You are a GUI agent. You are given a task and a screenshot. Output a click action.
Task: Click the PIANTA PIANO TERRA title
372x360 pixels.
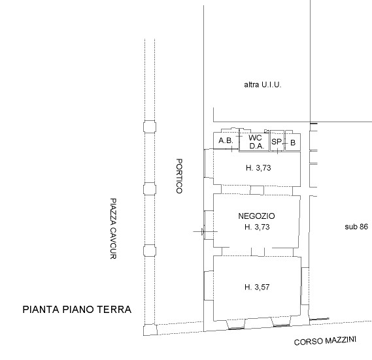(x=77, y=310)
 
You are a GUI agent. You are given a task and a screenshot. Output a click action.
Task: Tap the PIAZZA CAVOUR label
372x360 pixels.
(x=113, y=229)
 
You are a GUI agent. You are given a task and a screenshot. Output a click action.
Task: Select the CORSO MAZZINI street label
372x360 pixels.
(x=325, y=341)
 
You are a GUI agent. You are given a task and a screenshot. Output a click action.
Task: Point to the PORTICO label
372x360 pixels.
(x=179, y=176)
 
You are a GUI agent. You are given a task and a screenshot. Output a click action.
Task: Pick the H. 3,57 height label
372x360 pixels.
(x=257, y=287)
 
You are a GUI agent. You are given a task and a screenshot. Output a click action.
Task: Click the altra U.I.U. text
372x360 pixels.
(x=263, y=85)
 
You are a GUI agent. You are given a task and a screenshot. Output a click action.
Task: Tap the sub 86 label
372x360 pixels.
(x=356, y=227)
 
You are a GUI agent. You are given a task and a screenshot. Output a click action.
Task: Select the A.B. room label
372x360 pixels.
(x=226, y=140)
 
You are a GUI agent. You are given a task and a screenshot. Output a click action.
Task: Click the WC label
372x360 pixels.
(x=255, y=138)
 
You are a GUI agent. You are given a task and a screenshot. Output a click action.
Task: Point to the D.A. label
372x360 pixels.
(x=257, y=146)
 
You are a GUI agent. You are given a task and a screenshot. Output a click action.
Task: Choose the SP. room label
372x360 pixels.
(x=277, y=142)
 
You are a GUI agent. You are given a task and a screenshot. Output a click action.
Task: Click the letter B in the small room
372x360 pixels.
(x=293, y=143)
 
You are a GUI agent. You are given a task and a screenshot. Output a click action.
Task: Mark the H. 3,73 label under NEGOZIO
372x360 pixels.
(x=257, y=227)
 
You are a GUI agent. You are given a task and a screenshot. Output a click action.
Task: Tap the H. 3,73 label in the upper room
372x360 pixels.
(x=258, y=168)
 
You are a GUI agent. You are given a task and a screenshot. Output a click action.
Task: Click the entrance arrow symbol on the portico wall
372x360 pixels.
(x=203, y=232)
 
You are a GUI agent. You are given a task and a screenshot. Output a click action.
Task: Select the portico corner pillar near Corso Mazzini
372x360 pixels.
(x=150, y=330)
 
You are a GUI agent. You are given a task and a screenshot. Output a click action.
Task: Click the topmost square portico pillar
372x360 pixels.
(x=150, y=127)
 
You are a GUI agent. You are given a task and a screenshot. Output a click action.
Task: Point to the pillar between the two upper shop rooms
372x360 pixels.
(x=257, y=190)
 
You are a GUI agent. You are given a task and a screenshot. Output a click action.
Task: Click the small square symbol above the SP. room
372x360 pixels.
(x=267, y=131)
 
